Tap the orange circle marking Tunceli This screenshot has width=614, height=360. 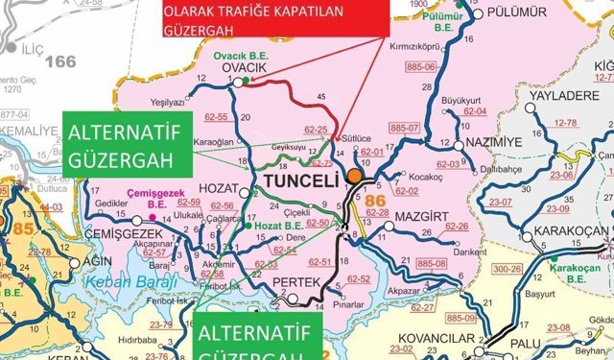356,177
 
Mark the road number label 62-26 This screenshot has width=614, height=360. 457,227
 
